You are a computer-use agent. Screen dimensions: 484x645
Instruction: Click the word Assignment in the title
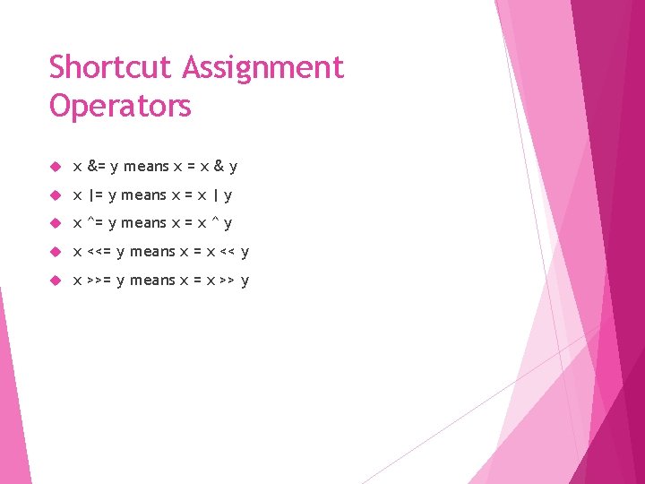coord(263,67)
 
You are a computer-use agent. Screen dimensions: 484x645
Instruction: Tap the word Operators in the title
coord(120,106)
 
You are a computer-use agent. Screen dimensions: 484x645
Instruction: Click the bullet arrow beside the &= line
coord(54,167)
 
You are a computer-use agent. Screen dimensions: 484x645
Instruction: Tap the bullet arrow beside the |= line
coord(54,194)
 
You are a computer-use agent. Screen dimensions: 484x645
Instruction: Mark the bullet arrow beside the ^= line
coord(54,223)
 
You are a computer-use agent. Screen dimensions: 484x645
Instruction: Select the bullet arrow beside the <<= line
coord(54,252)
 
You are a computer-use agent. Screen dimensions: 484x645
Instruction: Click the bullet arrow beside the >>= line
coord(54,281)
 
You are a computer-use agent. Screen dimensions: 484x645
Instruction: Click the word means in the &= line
coord(146,167)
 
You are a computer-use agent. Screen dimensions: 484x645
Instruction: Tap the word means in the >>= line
coord(152,281)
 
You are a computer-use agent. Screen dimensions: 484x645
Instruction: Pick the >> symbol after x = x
coord(228,281)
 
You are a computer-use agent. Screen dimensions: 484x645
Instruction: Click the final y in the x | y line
coord(228,196)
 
